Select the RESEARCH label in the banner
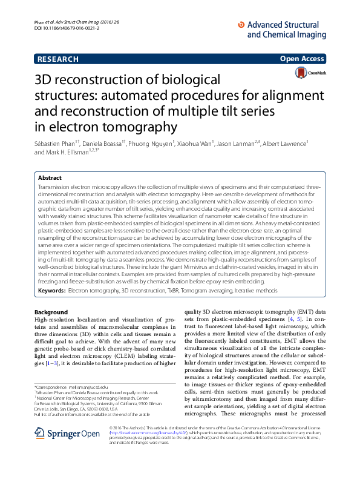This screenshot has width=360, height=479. (x=58, y=59)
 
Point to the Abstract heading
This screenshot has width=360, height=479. (x=50, y=179)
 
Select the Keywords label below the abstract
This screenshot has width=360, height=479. (x=51, y=291)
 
